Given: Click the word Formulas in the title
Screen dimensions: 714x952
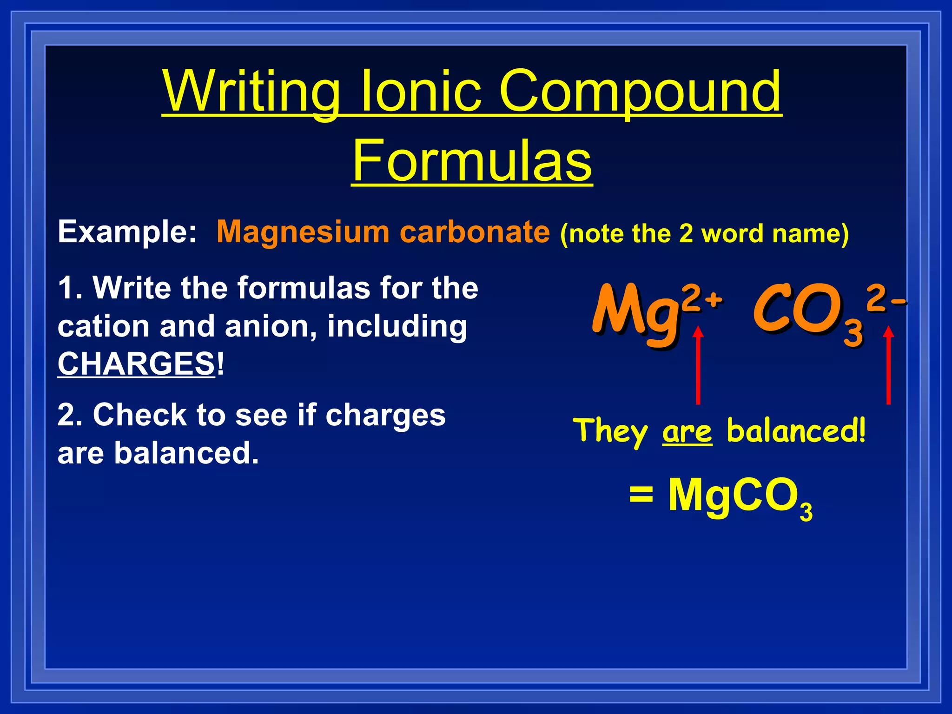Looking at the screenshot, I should (x=472, y=160).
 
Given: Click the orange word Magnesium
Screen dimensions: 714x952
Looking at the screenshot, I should (x=303, y=231).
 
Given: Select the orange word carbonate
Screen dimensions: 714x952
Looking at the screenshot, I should (x=475, y=231).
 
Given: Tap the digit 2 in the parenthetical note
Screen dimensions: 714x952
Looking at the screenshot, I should (x=686, y=233).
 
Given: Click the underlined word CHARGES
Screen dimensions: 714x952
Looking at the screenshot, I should (x=136, y=364).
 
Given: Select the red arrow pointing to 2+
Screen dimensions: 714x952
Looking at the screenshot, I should (x=698, y=365).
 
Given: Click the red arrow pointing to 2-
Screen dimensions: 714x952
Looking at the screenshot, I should (x=888, y=365).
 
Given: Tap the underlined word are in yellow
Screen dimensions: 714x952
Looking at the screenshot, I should (x=687, y=432).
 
